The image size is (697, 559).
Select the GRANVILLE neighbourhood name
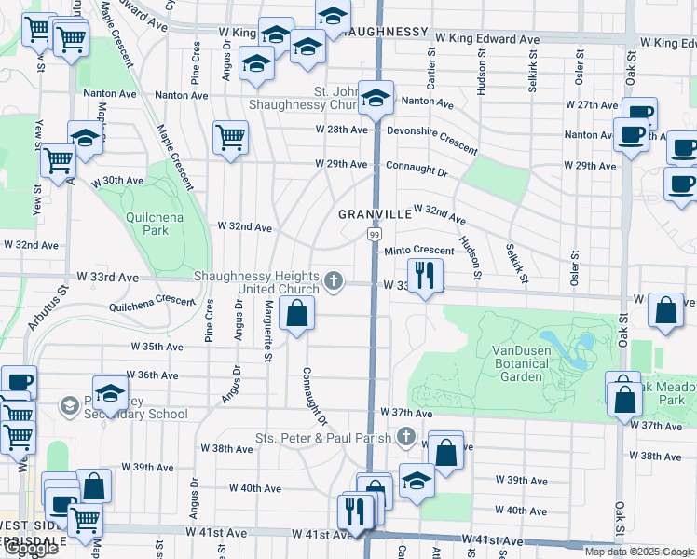[375, 214]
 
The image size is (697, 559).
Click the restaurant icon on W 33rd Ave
[425, 275]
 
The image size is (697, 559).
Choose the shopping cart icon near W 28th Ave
[229, 138]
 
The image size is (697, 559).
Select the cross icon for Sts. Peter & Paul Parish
[404, 436]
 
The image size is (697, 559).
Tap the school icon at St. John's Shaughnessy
[376, 98]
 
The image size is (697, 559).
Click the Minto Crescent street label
[418, 251]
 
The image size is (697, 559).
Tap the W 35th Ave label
[157, 347]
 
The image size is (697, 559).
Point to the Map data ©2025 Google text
[639, 552]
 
